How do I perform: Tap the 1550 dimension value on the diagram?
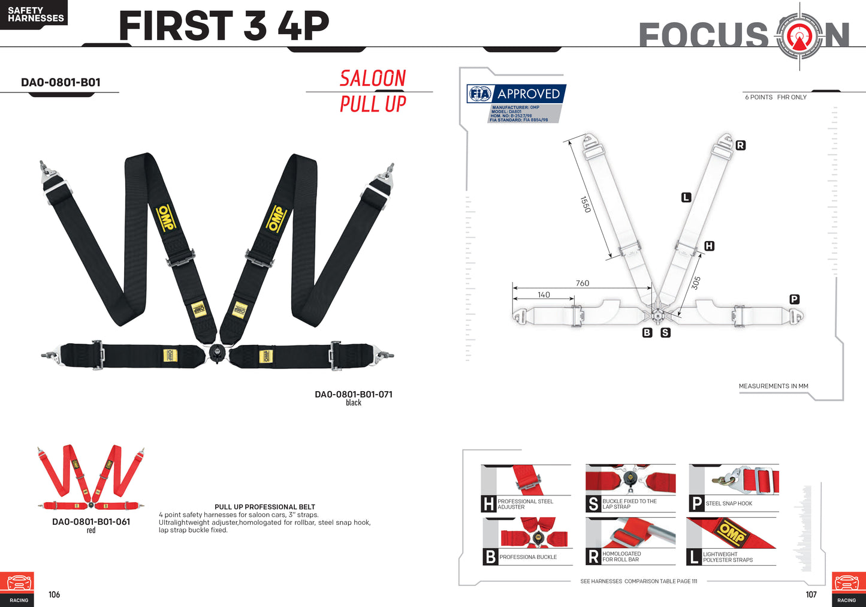[x=586, y=205]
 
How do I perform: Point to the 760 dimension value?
[x=583, y=283]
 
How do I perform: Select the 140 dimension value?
[x=544, y=295]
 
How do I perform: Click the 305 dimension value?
[x=696, y=283]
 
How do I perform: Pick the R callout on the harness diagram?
[x=740, y=146]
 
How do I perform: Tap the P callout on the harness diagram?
[x=794, y=299]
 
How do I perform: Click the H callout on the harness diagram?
[x=709, y=246]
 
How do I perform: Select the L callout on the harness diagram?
[x=686, y=198]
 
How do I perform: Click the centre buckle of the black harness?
[x=216, y=353]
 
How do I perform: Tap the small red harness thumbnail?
[x=91, y=477]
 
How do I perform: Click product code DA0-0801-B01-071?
[x=354, y=394]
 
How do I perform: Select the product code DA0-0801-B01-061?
[x=91, y=521]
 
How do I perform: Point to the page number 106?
[x=54, y=594]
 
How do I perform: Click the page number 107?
[x=811, y=594]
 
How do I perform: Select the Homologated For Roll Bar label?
[x=621, y=557]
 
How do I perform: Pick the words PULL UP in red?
[x=373, y=104]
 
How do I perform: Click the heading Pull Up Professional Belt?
[x=265, y=507]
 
